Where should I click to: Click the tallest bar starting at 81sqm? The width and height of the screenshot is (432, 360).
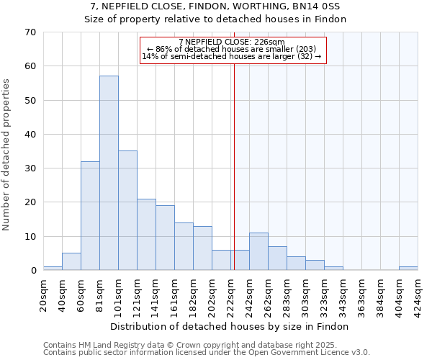point(109,173)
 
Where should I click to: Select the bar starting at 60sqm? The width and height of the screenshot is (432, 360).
point(90,216)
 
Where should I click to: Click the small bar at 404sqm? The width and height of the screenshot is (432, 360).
point(408,269)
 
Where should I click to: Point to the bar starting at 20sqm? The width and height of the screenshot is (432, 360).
point(53,269)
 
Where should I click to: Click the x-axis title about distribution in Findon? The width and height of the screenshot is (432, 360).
point(230,326)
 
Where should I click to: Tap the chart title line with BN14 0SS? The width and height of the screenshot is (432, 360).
point(215,6)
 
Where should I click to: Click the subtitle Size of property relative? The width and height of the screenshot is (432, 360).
point(215,19)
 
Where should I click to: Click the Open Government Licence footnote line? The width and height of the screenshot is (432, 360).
point(207,353)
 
